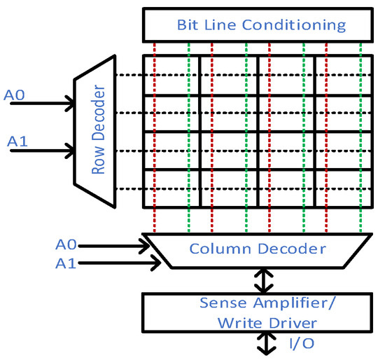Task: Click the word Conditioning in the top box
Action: pos(304,25)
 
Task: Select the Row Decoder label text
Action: pos(98,131)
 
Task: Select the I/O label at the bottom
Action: pos(300,343)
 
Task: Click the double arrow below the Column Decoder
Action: pos(263,281)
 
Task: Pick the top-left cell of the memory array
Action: pos(171,75)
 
